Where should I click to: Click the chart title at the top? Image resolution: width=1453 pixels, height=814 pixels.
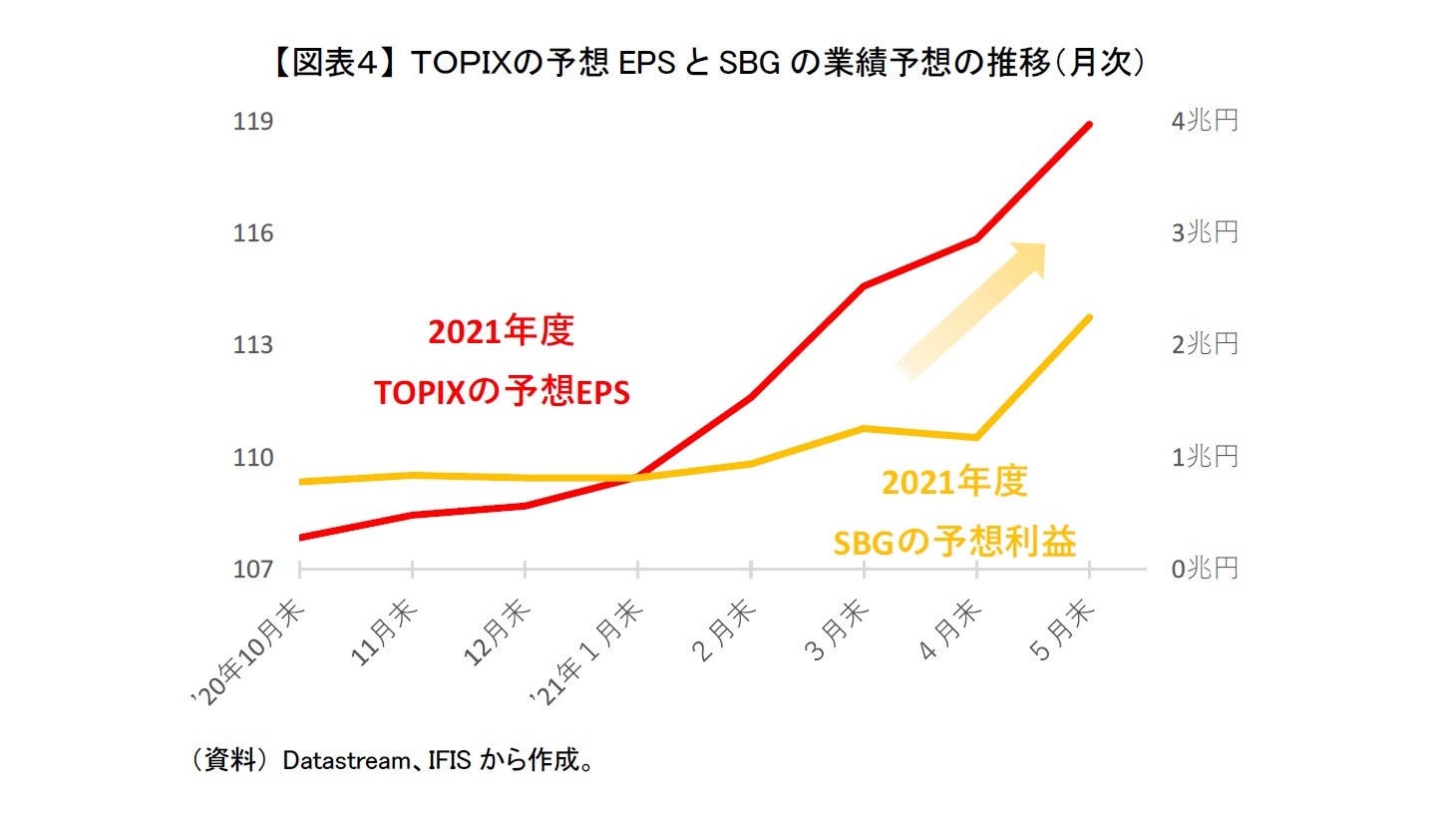coord(708,63)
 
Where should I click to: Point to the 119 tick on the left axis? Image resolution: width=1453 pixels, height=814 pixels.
coord(253,122)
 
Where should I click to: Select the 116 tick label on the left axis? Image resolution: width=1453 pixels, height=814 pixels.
coord(253,233)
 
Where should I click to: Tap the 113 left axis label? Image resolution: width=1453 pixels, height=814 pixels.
coord(253,345)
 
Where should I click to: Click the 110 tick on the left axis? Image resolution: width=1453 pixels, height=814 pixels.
coord(253,458)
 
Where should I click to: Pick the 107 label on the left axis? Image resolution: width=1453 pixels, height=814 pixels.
coord(253,570)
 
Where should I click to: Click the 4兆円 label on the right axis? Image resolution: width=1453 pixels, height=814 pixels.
coord(1205,122)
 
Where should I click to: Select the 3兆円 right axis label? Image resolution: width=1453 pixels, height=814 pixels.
coord(1205,233)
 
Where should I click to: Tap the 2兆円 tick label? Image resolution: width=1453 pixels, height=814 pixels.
coord(1205,345)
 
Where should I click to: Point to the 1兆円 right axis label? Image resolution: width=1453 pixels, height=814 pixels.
coord(1205,458)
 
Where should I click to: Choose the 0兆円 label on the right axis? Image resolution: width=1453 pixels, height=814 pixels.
coord(1205,570)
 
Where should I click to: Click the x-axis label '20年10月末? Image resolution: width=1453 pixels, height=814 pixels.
coord(248,653)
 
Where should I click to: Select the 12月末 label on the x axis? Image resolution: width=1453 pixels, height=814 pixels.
coord(497,632)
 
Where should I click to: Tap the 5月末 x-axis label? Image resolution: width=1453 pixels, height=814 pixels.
coord(1062,631)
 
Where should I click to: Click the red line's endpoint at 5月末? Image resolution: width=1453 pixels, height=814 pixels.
coord(1089,125)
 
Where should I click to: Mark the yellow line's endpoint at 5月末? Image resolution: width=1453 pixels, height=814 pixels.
coord(1089,317)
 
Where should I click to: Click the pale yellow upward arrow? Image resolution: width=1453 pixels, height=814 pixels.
coord(972,309)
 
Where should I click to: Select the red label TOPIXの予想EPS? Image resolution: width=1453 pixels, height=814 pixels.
coord(502,392)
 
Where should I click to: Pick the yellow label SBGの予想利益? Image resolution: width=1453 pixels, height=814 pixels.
coord(954,543)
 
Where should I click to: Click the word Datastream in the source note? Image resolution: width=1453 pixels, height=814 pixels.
coord(346,761)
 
